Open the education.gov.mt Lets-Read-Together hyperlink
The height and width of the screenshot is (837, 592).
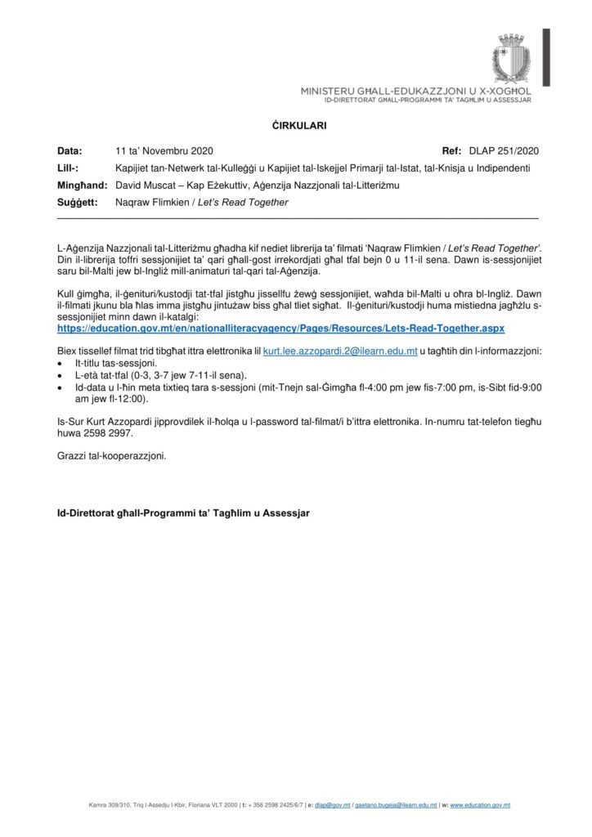[x=280, y=327]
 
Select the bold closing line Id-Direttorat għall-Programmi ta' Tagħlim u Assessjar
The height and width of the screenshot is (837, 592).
[x=183, y=514]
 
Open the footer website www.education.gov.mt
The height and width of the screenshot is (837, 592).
[x=481, y=805]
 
